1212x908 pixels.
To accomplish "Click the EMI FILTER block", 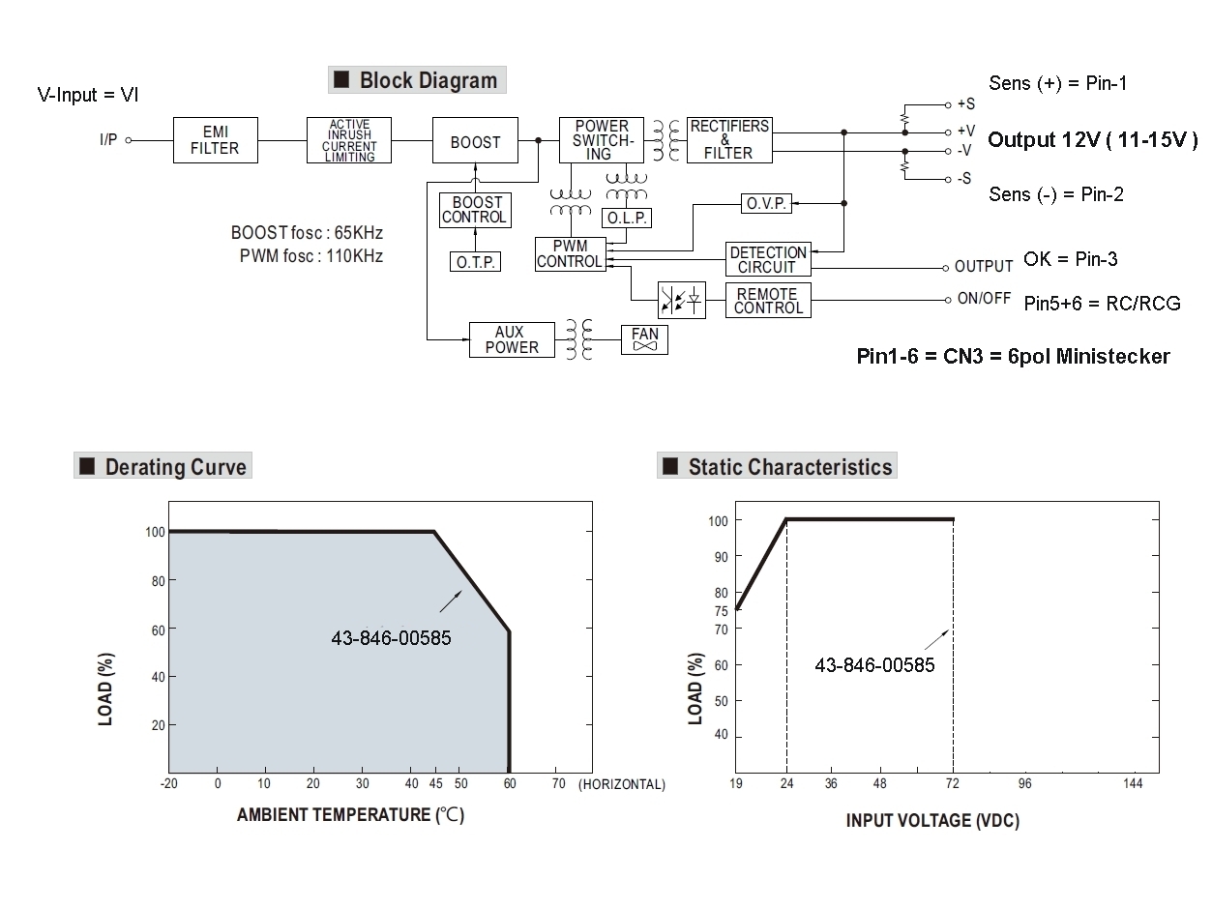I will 214,141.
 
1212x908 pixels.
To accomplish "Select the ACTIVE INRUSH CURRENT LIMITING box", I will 349,141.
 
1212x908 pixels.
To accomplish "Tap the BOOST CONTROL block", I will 474,210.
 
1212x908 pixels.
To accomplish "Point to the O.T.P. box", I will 475,261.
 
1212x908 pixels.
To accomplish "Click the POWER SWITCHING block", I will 600,140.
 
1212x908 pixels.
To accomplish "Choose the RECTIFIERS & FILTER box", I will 729,140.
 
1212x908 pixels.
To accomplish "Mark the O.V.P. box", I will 766,204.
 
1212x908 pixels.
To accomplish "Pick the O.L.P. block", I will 627,218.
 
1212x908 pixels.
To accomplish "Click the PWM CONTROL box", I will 570,254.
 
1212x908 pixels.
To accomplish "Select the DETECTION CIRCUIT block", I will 768,260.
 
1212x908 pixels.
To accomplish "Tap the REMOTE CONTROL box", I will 768,301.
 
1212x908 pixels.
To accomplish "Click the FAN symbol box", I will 644,339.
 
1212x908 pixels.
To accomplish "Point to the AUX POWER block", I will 512,340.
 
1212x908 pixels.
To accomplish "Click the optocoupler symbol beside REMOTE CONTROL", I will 681,301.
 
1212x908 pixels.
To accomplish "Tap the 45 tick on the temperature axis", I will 434,783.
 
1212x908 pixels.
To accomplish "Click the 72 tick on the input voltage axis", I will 953,783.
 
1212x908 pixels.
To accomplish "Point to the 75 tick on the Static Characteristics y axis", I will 721,610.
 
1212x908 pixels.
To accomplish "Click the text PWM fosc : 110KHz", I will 310,256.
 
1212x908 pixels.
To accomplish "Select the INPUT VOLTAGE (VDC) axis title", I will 932,821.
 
